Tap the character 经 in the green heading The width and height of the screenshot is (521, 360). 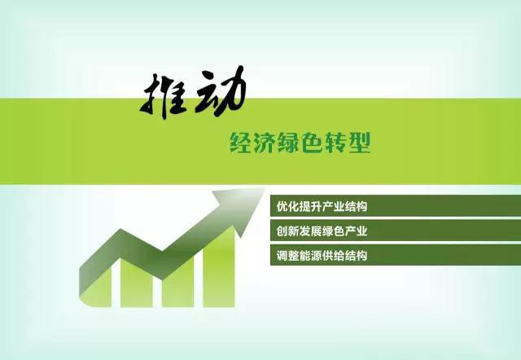click(x=240, y=143)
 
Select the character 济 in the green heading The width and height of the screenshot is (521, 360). click(x=264, y=143)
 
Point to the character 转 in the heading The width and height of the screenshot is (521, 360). click(x=336, y=143)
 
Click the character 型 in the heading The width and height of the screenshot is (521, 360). click(x=360, y=143)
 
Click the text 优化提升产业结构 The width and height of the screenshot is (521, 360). click(x=322, y=206)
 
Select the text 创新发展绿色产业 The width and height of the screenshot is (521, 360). click(x=322, y=231)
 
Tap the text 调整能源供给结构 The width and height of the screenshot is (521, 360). click(x=322, y=256)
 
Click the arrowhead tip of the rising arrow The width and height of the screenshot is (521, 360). click(x=265, y=188)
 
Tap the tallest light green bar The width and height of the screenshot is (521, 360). click(x=219, y=270)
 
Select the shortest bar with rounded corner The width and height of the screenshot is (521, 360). click(x=96, y=289)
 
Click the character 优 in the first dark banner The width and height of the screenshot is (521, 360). click(x=282, y=206)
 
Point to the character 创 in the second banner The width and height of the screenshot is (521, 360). click(x=282, y=231)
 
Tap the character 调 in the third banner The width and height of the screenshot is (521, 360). click(x=282, y=256)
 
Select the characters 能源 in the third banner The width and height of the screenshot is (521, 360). click(x=310, y=256)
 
